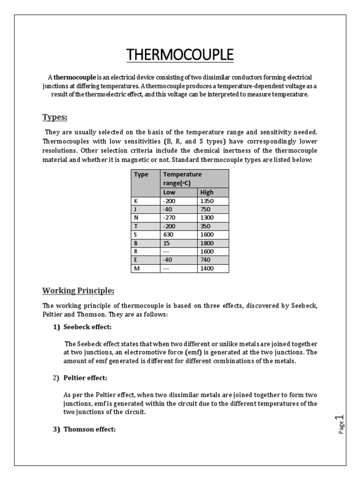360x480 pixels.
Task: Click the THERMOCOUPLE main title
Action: tap(180, 54)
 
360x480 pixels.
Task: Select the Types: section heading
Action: tap(55, 117)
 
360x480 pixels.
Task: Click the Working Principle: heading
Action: tap(78, 291)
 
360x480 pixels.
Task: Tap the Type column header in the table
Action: tap(141, 174)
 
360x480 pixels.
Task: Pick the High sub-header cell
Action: tap(207, 192)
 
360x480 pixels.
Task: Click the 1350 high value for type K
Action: tap(207, 201)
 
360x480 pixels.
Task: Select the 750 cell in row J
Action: tap(205, 210)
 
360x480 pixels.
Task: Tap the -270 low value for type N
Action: tap(168, 218)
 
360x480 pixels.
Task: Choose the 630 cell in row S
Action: tap(167, 235)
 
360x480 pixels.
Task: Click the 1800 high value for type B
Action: tap(207, 243)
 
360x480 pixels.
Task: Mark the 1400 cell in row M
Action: tap(207, 269)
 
